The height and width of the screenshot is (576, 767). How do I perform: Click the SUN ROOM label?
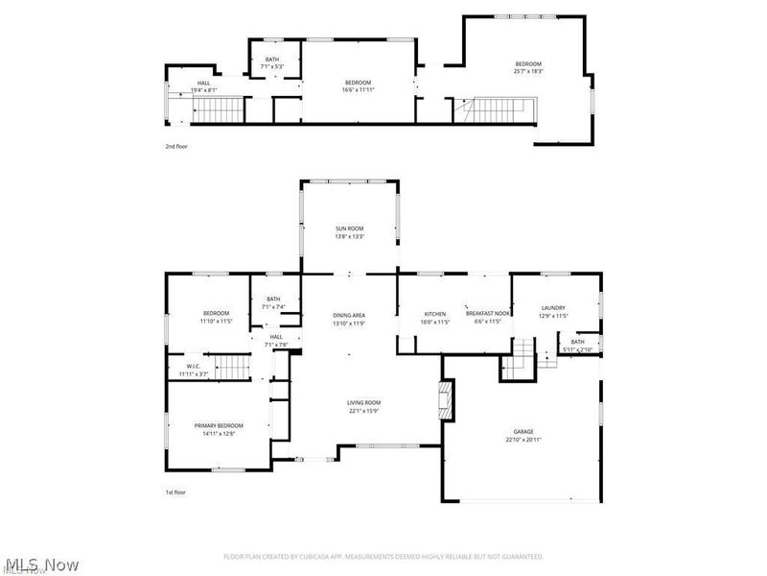(x=349, y=228)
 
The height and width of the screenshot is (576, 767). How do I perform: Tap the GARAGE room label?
(x=523, y=432)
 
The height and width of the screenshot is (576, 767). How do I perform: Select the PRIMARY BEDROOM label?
(x=219, y=425)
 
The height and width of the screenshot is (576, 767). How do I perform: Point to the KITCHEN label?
(x=436, y=314)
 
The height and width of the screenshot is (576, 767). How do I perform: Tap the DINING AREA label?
(x=349, y=314)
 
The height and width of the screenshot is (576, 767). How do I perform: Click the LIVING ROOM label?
(x=364, y=402)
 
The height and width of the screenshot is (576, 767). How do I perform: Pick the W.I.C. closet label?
(x=193, y=367)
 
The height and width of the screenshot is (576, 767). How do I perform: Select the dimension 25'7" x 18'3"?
(x=528, y=71)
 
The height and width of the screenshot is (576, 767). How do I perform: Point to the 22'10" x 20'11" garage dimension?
(x=523, y=440)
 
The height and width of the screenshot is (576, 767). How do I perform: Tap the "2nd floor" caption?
(x=176, y=147)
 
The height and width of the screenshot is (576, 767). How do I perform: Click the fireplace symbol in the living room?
(x=444, y=399)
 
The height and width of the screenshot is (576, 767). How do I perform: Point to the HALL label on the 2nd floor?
(x=203, y=83)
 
